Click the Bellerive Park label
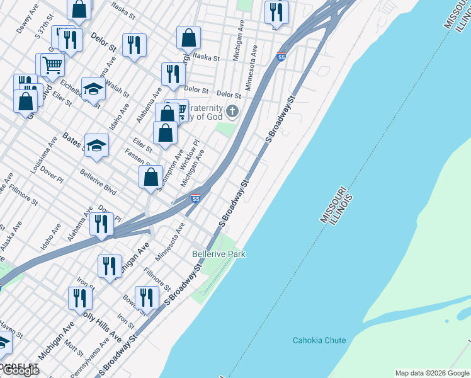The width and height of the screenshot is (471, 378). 218,254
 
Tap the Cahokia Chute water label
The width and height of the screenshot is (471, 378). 319,340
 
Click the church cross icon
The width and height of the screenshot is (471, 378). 232,112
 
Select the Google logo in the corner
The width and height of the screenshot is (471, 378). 20,370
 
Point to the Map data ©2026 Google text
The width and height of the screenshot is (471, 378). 432,373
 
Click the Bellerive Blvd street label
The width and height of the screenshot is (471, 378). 98,181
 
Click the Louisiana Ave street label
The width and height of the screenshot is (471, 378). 39,160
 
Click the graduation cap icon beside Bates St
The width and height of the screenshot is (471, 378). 96,146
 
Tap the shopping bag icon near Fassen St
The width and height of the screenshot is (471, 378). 151,177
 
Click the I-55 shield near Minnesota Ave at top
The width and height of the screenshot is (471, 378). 281,57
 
